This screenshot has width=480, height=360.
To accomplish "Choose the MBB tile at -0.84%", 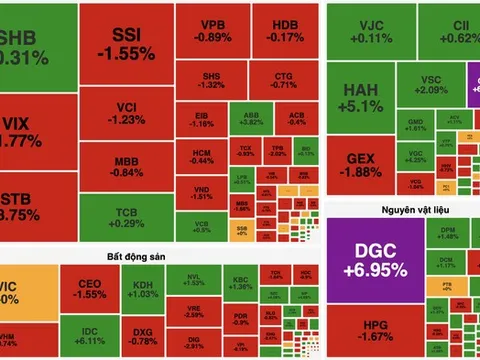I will click(x=126, y=164).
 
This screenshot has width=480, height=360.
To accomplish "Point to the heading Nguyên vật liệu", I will click(x=399, y=210).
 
